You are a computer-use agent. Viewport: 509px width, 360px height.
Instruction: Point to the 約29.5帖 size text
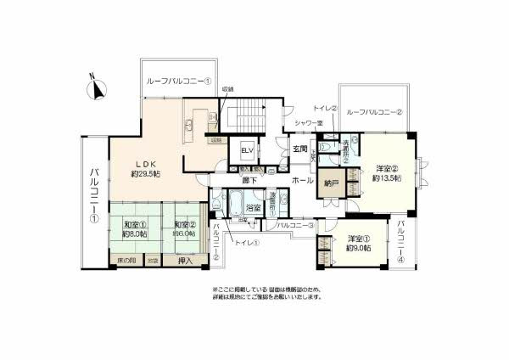coord(146,174)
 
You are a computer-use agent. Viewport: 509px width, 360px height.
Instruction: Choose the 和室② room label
coord(183,226)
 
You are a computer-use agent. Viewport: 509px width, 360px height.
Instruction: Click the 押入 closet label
coord(185,262)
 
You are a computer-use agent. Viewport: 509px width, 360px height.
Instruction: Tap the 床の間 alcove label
coord(125,262)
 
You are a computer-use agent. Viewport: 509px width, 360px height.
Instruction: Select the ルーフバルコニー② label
coord(374,111)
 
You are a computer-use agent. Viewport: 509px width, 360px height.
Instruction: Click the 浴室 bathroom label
coord(252,208)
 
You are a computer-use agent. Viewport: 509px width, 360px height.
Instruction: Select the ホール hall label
coord(302,181)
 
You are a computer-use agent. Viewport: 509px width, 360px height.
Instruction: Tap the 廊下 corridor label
coord(249,180)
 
